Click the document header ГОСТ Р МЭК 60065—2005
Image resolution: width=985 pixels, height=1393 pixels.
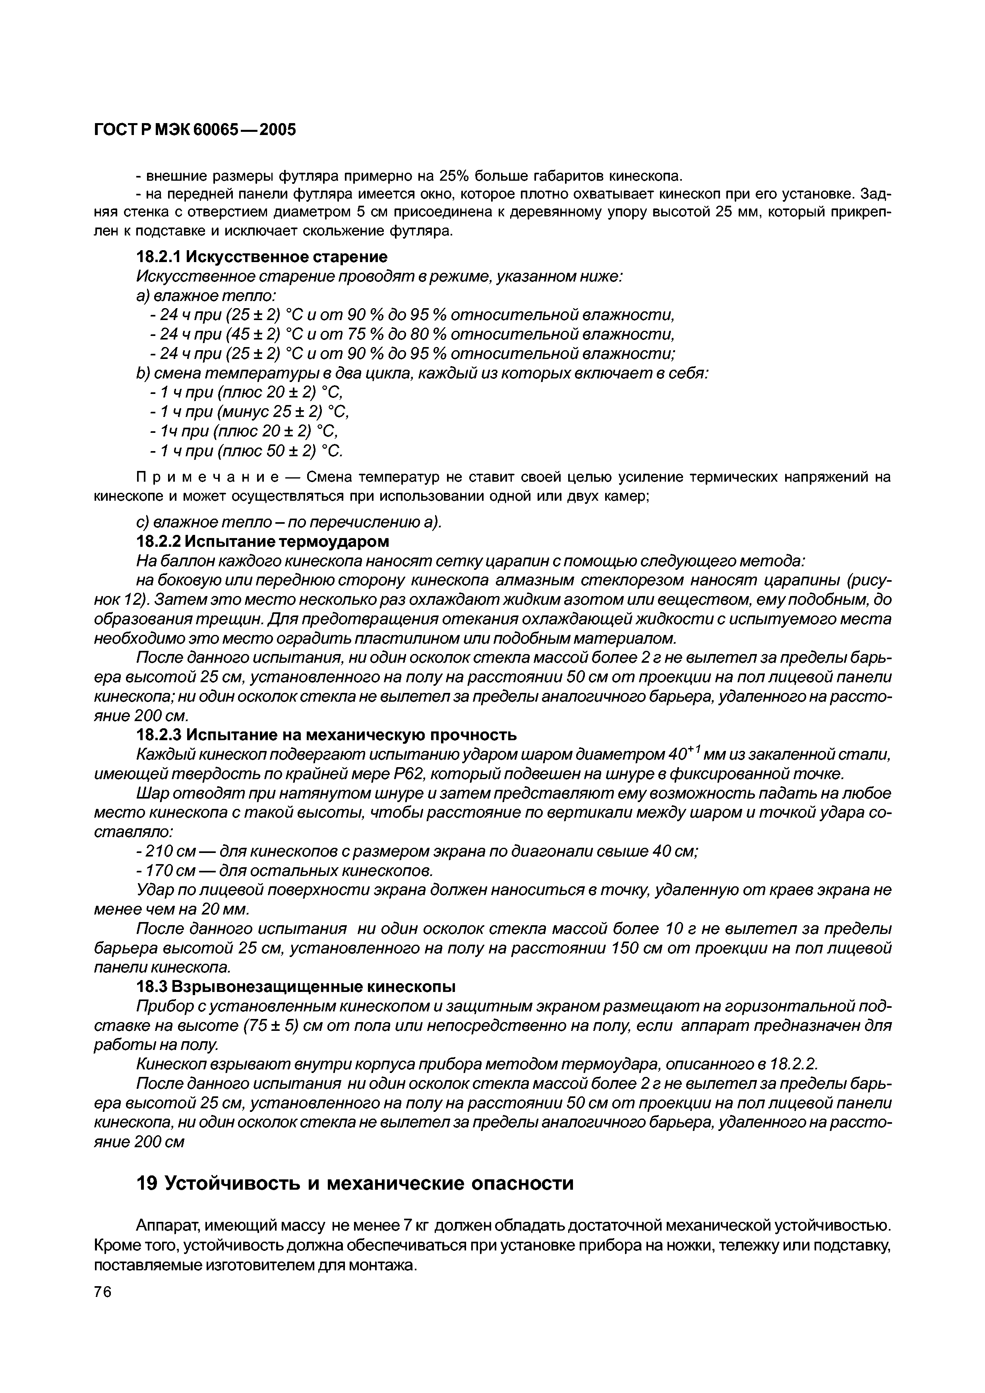(195, 129)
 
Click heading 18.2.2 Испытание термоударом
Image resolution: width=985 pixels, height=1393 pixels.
(263, 540)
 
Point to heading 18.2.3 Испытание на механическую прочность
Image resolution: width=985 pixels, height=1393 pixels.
(327, 735)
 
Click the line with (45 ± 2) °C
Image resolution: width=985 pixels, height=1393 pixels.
(412, 334)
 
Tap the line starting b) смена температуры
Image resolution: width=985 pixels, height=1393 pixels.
(422, 373)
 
